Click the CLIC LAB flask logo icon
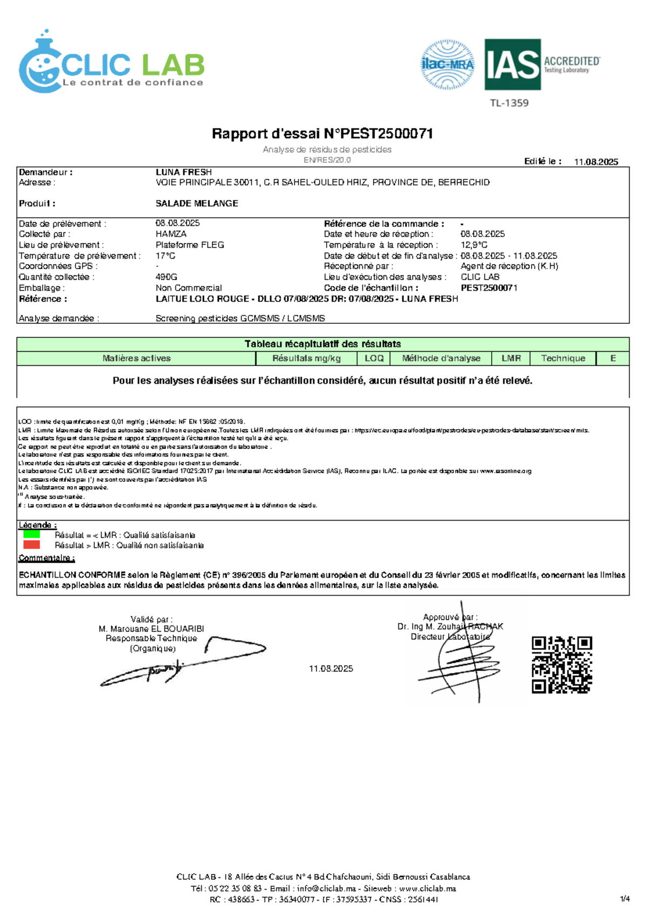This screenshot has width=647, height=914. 40,65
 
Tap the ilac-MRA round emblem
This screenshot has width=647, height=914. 447,65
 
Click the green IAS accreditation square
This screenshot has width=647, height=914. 512,64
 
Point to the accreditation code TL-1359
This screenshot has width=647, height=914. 509,103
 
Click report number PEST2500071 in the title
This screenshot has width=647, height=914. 378,133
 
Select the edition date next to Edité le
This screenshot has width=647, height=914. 596,162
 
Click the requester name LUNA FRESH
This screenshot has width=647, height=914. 183,172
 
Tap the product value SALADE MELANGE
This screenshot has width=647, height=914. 197,203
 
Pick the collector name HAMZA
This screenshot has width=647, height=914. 171,234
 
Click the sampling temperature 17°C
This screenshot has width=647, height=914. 166,255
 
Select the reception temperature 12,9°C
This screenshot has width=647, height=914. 474,245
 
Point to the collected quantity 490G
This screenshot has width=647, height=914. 167,276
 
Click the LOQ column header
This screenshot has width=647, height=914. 374,358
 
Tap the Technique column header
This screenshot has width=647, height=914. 563,358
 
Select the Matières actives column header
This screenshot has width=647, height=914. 136,358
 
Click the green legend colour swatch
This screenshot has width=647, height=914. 32,534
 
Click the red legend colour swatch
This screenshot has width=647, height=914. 32,544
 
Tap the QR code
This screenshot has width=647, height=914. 562,664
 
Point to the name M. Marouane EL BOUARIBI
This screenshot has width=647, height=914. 151,628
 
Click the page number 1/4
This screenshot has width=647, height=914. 624,898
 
